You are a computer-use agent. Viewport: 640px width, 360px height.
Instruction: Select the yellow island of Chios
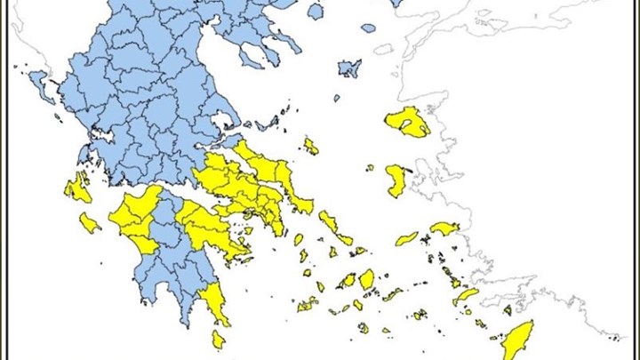click(x=396, y=180)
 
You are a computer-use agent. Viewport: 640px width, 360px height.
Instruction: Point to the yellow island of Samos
click(x=444, y=228)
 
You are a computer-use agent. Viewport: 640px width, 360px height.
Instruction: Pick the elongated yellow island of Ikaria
click(x=406, y=238)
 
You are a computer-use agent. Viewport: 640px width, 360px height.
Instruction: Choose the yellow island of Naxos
click(x=367, y=279)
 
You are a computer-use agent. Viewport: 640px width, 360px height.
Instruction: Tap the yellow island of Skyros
click(x=310, y=145)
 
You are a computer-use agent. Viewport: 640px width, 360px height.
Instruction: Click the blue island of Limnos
click(x=349, y=68)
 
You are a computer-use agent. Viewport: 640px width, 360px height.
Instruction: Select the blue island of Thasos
click(x=315, y=12)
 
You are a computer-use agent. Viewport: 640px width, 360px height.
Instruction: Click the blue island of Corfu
click(x=41, y=84)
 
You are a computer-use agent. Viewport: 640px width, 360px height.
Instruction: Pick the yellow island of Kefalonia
click(x=78, y=188)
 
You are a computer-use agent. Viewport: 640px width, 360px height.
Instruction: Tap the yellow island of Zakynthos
click(x=89, y=221)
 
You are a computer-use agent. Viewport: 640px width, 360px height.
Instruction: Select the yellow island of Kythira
click(x=218, y=339)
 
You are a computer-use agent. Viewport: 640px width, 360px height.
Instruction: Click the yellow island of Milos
click(x=308, y=304)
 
